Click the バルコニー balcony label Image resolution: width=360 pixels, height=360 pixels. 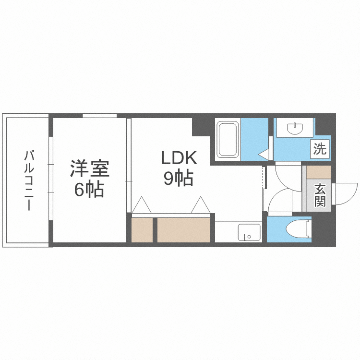(x=29, y=180)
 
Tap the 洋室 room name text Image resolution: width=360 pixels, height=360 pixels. (x=90, y=169)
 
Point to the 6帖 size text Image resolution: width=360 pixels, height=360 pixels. (x=89, y=190)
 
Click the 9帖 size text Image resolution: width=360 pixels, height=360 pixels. (x=178, y=179)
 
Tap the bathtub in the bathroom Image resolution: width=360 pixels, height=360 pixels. (x=228, y=139)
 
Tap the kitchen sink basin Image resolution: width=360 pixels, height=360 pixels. (x=249, y=232)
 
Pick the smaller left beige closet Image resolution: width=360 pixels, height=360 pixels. (x=142, y=230)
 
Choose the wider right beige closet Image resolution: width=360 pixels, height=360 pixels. (x=184, y=230)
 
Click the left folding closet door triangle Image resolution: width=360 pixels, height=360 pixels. (x=142, y=205)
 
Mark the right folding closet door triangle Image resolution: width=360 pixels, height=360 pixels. (x=200, y=205)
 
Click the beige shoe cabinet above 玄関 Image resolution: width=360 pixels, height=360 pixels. (x=318, y=172)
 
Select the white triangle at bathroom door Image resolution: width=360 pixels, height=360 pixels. (x=264, y=154)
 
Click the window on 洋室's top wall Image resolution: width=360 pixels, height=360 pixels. (x=99, y=116)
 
